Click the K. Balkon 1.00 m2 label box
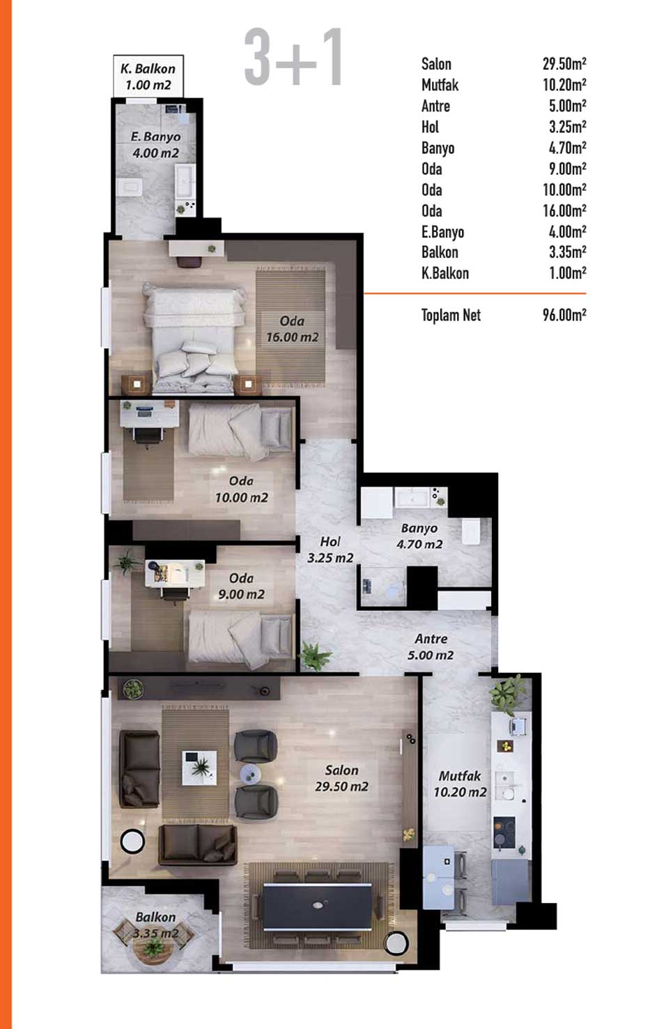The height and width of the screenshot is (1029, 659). [x=148, y=76]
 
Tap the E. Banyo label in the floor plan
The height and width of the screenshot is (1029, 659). [x=155, y=137]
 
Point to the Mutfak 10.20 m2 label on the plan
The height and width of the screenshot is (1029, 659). [x=460, y=784]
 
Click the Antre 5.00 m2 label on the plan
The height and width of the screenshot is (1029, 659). [x=431, y=647]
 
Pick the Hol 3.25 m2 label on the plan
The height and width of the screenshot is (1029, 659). [x=330, y=550]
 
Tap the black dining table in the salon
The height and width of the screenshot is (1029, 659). [x=317, y=906]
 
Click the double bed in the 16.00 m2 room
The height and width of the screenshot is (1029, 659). [x=194, y=339]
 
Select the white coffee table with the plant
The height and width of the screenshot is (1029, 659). [x=199, y=768]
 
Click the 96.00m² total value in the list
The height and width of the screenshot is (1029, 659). [x=564, y=315]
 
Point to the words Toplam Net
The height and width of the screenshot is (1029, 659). [x=451, y=315]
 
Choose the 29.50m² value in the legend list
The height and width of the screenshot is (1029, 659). [x=564, y=63]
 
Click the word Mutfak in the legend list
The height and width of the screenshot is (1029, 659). [x=440, y=84]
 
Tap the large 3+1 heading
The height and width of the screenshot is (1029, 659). [x=293, y=57]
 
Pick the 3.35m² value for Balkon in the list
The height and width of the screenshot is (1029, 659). [x=567, y=252]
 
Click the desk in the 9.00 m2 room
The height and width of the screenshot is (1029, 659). [x=175, y=574]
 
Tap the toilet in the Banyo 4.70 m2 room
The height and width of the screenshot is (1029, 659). [x=471, y=532]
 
